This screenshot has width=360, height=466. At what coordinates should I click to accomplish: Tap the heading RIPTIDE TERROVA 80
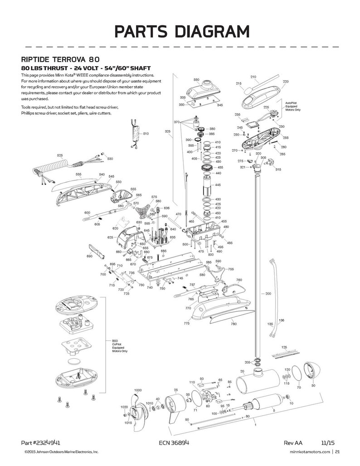tap(58, 59)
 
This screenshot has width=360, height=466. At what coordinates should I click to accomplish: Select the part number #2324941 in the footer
tap(41, 442)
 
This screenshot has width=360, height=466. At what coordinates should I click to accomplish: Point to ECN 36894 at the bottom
tap(175, 442)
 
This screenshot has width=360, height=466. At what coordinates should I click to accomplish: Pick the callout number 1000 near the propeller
tap(138, 390)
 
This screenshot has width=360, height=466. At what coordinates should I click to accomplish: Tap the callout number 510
tap(146, 134)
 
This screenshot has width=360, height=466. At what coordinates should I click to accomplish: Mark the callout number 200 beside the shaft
tap(268, 294)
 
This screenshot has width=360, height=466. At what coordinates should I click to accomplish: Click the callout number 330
tap(196, 80)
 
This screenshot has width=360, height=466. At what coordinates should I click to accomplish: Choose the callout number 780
tap(234, 324)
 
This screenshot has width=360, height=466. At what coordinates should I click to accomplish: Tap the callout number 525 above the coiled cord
tap(60, 155)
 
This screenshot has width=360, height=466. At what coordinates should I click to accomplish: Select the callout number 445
tap(218, 185)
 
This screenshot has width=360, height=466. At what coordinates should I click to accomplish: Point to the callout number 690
tap(89, 256)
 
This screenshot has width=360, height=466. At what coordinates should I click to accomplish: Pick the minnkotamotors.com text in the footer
tap(308, 451)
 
